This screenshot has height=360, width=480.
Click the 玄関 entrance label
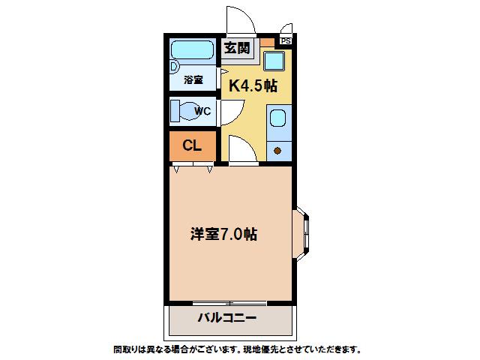237,48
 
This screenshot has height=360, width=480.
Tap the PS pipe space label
286,40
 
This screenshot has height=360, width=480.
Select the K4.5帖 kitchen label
253,85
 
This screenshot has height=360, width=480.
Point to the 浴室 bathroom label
193,80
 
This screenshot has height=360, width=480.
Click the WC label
202,111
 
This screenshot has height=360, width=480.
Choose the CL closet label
192,145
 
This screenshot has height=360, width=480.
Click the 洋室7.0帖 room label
223,234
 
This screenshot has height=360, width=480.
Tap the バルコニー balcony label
226,318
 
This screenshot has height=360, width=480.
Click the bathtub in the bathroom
192,49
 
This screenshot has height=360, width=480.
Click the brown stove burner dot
277,151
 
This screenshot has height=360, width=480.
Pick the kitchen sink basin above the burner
278,118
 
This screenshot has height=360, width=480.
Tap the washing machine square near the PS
274,61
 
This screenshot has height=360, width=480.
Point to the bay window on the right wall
301,234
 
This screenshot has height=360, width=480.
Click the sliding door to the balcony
230,303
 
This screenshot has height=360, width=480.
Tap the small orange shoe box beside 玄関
267,42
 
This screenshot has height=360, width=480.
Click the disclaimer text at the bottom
237,349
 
